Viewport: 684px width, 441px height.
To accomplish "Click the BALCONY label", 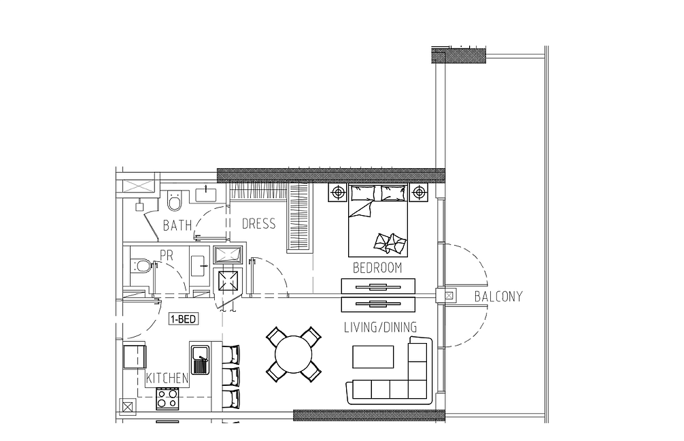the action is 498,297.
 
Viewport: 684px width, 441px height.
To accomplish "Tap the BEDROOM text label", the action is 377,267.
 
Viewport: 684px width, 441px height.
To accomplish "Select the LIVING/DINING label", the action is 380,327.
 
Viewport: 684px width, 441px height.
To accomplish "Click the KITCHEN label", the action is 167,378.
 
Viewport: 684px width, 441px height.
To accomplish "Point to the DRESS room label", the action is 258,223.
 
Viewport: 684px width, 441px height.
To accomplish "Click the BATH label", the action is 177,225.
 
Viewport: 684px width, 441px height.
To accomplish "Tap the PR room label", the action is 167,255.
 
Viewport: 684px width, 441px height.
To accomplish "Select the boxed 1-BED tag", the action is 183,319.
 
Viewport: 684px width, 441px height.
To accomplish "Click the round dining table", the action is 294,354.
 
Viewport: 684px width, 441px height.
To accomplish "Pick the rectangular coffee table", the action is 373,357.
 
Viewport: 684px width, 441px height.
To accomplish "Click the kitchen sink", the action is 200,359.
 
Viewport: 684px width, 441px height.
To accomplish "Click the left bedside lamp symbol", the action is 338,192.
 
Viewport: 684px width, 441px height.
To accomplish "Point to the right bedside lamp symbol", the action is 419,192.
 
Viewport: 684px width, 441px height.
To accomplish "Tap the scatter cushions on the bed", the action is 390,243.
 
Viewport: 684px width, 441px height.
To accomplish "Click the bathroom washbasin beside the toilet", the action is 207,195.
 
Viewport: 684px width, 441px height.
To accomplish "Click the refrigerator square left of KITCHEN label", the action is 135,357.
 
